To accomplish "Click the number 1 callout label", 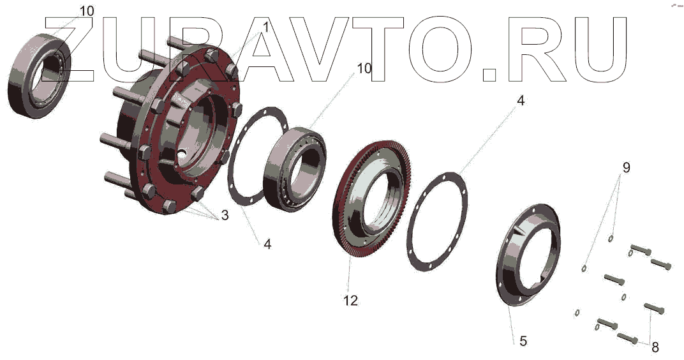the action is pyautogui.click(x=265, y=27).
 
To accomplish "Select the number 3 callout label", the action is pyautogui.click(x=225, y=215).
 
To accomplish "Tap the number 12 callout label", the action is pyautogui.click(x=350, y=300).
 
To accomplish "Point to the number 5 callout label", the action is pyautogui.click(x=523, y=340).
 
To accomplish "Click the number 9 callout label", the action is pyautogui.click(x=627, y=168).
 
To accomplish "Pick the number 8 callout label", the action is pyautogui.click(x=655, y=347).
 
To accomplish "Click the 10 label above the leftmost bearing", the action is pyautogui.click(x=87, y=11).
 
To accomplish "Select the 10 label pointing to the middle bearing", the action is pyautogui.click(x=364, y=68).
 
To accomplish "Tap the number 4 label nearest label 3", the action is pyautogui.click(x=267, y=244).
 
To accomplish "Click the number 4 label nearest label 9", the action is pyautogui.click(x=521, y=100).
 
